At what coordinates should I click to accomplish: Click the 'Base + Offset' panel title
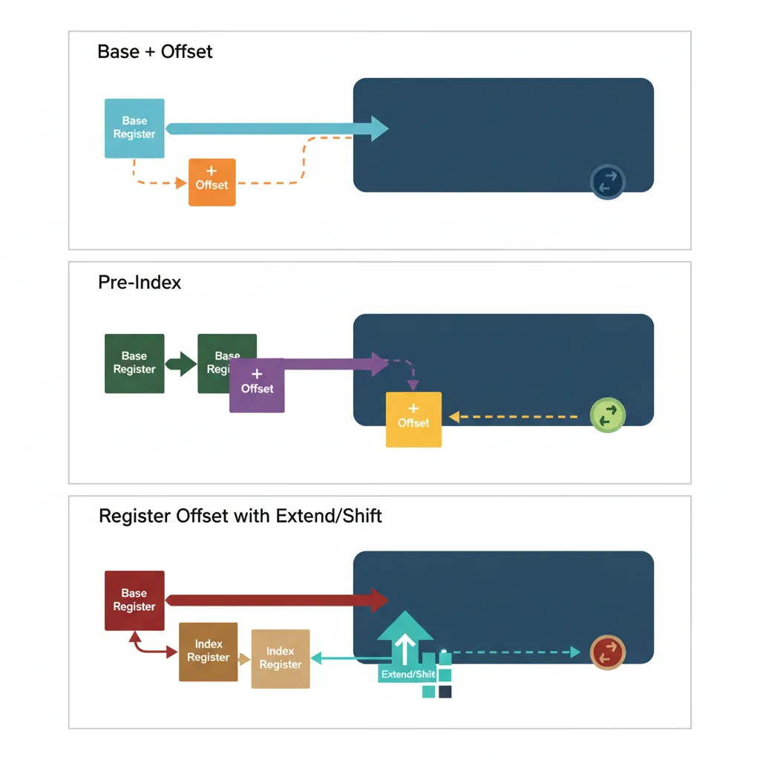155,52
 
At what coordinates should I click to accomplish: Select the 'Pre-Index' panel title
140,283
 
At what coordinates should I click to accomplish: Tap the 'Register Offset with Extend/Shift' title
240,516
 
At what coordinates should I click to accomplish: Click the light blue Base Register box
134,128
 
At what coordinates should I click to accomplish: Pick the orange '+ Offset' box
212,182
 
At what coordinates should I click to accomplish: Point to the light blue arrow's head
379,128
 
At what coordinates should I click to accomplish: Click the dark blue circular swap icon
607,182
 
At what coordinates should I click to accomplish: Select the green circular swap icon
607,416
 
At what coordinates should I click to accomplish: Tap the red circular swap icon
608,652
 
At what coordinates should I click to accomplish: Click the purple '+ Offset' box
258,385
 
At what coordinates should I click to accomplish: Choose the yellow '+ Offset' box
413,419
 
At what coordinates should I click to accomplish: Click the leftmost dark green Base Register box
134,364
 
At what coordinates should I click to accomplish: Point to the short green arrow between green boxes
181,364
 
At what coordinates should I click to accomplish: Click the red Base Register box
134,600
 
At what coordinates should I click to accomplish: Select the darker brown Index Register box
209,652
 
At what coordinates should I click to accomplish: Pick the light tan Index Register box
281,658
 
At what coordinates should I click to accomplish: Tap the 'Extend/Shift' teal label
407,675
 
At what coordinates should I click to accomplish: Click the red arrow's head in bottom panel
379,600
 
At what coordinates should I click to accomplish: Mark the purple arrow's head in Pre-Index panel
379,364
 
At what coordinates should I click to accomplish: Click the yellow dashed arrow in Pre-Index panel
512,417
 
